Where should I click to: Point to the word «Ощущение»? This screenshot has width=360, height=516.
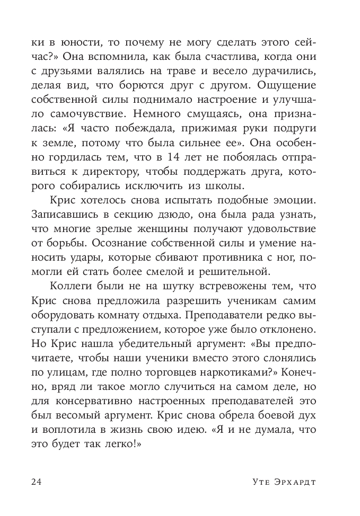coord(287,85)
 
